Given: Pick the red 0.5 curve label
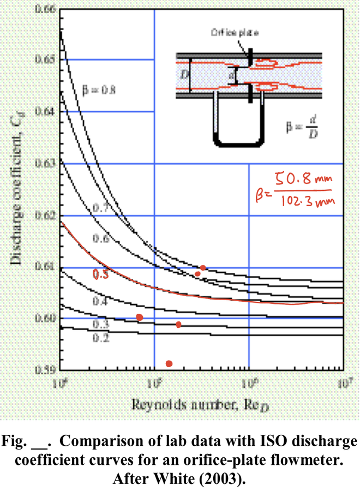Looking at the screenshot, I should [x=100, y=276].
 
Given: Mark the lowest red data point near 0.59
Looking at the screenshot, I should [x=169, y=363].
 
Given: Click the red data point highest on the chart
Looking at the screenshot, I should [x=203, y=267].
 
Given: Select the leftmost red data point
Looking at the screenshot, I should [x=140, y=317].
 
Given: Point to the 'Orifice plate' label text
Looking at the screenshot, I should [x=235, y=33].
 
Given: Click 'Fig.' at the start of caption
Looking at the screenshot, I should [x=21, y=441].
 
